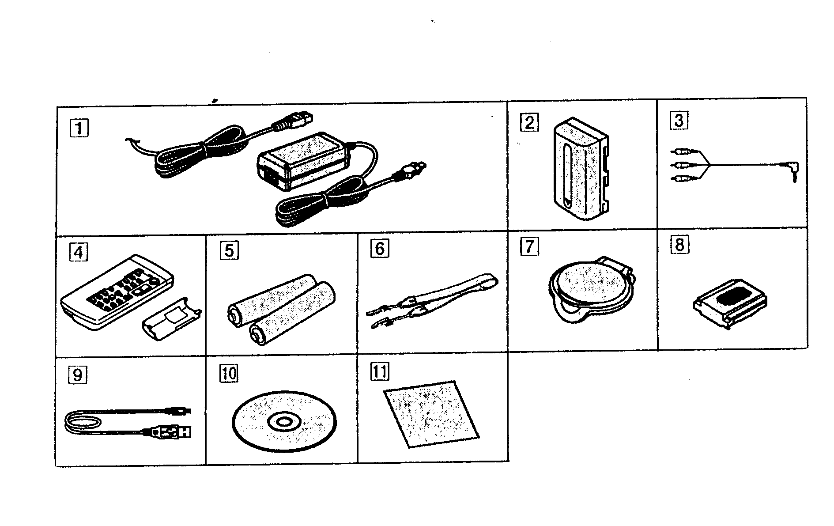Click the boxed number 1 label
point(79,129)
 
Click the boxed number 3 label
point(679,120)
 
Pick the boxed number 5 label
point(229,250)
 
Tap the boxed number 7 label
point(529,247)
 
